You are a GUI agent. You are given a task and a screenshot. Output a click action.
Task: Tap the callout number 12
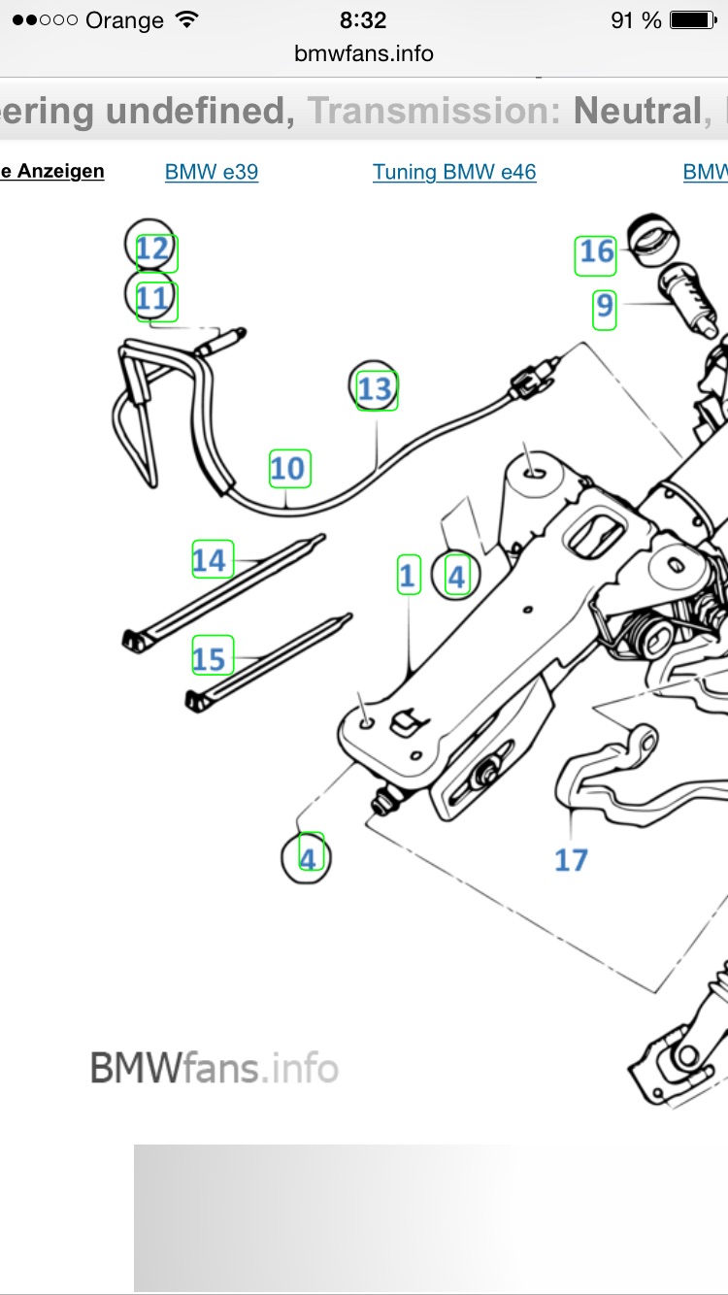pyautogui.click(x=152, y=250)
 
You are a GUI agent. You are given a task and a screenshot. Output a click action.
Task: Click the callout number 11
pyautogui.click(x=152, y=298)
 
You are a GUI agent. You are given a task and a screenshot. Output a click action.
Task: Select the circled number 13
pyautogui.click(x=375, y=389)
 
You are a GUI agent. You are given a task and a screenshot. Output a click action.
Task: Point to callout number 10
pyautogui.click(x=287, y=469)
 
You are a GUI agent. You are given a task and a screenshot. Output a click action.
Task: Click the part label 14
pyautogui.click(x=209, y=560)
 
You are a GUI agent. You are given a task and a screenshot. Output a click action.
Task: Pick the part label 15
pyautogui.click(x=209, y=660)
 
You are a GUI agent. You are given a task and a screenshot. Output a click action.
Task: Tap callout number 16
pyautogui.click(x=596, y=252)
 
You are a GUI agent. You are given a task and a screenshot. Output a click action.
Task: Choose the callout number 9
pyautogui.click(x=605, y=308)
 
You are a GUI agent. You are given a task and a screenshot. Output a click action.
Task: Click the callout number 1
pyautogui.click(x=408, y=576)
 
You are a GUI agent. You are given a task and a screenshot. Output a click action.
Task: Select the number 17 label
pyautogui.click(x=571, y=859)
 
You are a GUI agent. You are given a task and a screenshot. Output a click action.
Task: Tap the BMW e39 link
pyautogui.click(x=212, y=173)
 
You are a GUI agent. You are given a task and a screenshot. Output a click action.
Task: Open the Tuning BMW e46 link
pyautogui.click(x=454, y=173)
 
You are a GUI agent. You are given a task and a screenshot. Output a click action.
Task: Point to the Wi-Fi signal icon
pyautogui.click(x=183, y=19)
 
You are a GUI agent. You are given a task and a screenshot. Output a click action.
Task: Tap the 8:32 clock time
pyautogui.click(x=364, y=20)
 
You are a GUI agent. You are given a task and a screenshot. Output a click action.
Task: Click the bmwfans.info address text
pyautogui.click(x=364, y=53)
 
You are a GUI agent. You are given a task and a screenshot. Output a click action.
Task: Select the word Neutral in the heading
pyautogui.click(x=636, y=112)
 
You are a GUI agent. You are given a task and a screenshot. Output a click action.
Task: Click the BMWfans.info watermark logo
pyautogui.click(x=214, y=1069)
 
